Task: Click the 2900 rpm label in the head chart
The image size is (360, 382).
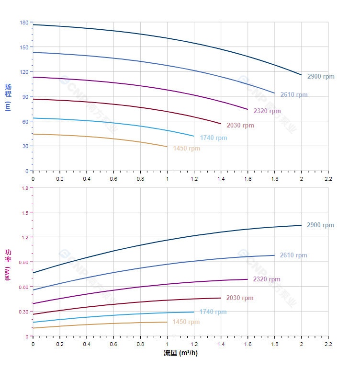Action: (321, 77)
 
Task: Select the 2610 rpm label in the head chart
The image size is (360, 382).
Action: (294, 95)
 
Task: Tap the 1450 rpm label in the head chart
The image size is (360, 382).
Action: (187, 149)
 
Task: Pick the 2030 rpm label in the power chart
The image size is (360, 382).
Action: (240, 298)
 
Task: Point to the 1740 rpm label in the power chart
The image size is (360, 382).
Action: (213, 312)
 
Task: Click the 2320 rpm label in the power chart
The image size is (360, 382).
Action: (267, 279)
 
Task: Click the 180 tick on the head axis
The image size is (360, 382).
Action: (24, 23)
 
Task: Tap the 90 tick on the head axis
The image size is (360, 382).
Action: (25, 97)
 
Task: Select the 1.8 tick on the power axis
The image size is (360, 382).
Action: (24, 188)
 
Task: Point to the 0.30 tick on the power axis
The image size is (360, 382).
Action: (23, 312)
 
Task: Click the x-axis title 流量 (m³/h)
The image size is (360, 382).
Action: (180, 354)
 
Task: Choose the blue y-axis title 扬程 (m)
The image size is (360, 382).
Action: (8, 97)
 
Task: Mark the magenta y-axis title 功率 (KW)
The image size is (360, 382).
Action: (8, 264)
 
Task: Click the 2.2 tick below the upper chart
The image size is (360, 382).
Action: (328, 178)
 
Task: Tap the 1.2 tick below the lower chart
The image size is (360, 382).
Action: (194, 344)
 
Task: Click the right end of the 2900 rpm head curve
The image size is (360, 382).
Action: (301, 75)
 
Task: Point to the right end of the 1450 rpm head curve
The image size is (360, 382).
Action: (167, 147)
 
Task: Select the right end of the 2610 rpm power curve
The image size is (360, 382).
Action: (274, 255)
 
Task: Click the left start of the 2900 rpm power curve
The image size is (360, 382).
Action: (33, 273)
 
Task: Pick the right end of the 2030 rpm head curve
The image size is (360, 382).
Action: (221, 124)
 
